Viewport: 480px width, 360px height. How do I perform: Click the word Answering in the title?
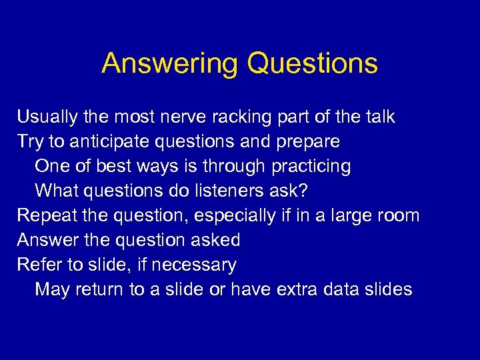coord(169,64)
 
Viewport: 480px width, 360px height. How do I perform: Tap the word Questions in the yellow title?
coord(312,64)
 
